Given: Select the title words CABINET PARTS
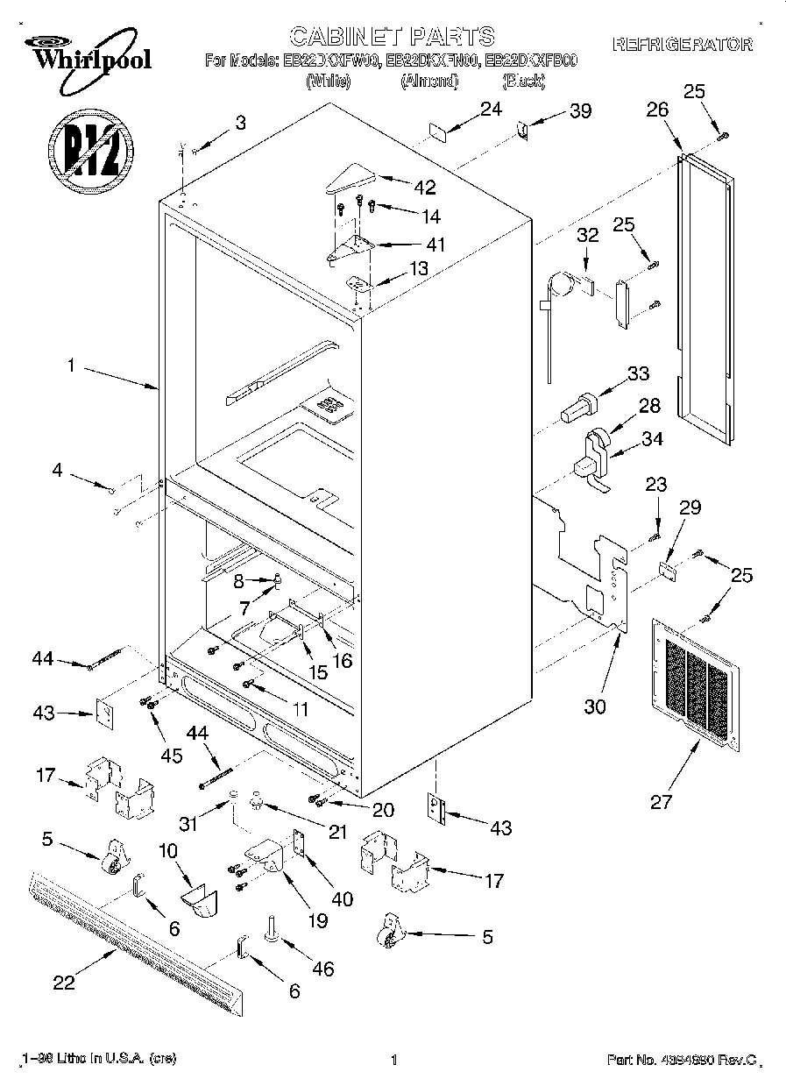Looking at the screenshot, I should [x=392, y=36].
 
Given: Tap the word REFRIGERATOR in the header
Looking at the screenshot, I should [x=683, y=45].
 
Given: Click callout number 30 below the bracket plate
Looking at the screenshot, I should [x=595, y=707].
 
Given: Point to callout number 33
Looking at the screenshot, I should [x=638, y=373].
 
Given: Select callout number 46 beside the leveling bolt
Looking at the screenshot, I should [x=322, y=969].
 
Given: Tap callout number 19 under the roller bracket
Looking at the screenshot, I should [x=316, y=920].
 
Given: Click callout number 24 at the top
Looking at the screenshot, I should [x=491, y=109].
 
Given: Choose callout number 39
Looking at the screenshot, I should [x=579, y=110].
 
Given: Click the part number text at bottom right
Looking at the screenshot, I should [x=681, y=1061].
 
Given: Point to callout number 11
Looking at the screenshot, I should [x=300, y=709].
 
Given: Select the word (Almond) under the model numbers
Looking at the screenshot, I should [x=429, y=82].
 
